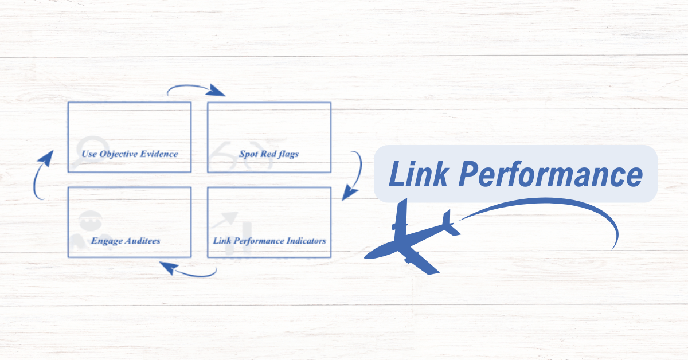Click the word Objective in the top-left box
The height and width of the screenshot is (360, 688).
click(x=119, y=154)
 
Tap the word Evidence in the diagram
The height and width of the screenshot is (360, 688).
click(x=159, y=154)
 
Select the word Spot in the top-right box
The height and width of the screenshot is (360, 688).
click(x=249, y=154)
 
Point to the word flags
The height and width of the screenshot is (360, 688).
click(x=286, y=154)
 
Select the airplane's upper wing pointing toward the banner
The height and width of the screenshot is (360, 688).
click(x=401, y=215)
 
